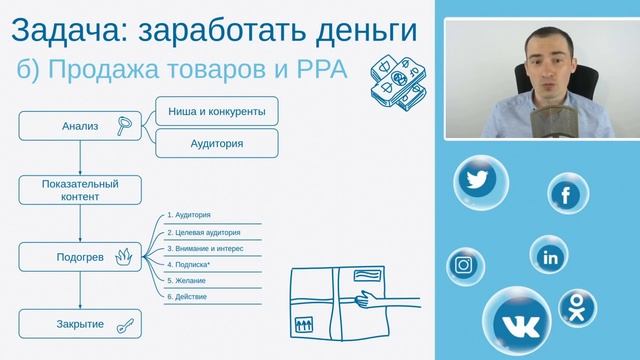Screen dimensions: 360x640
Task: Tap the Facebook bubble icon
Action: point(565,194)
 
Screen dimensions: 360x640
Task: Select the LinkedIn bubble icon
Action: point(549,257)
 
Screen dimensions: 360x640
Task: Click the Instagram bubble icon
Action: point(464,265)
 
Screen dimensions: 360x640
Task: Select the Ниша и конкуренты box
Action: point(215,112)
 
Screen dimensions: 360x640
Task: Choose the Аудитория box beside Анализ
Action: point(215,143)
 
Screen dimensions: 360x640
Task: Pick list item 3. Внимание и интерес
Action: point(205,248)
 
